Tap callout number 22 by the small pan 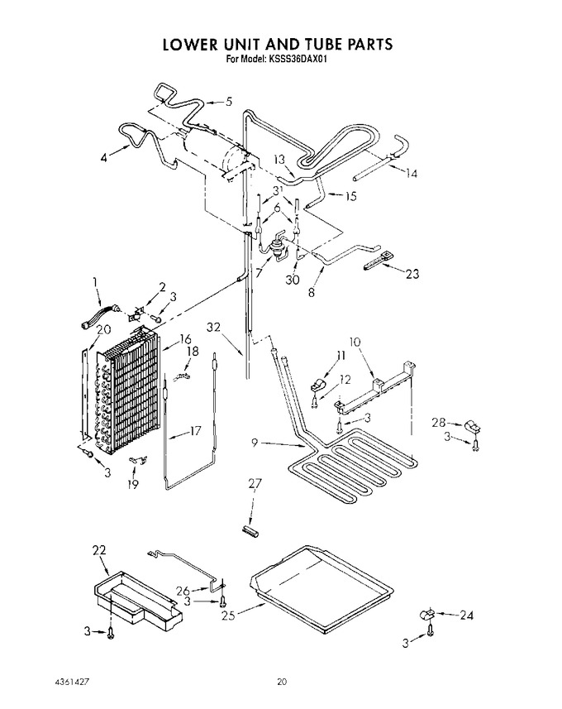click(99, 550)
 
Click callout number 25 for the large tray click(228, 616)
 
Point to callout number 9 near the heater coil click(255, 443)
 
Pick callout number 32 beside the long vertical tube click(214, 327)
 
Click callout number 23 click(412, 274)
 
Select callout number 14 click(411, 173)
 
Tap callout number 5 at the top click(229, 101)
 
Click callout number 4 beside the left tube click(104, 159)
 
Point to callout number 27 click(255, 483)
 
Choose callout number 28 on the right click(438, 423)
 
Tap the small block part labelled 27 click(250, 531)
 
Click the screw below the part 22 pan click(111, 635)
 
